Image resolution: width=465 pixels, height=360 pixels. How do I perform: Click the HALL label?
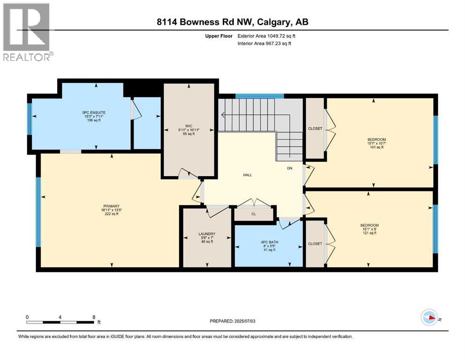pos(247,175)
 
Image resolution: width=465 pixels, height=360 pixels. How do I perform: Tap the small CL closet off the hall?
pos(253,213)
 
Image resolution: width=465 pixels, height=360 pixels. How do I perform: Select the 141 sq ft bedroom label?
pos(376,143)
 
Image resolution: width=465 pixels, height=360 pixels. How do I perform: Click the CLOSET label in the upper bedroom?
pos(315,129)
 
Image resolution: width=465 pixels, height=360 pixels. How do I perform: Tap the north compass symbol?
pos(429,318)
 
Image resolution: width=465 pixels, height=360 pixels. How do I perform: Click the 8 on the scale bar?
pos(94,317)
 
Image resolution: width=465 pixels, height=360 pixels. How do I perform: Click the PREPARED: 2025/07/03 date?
pos(235,321)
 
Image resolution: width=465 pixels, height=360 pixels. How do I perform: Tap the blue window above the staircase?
pos(259,96)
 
